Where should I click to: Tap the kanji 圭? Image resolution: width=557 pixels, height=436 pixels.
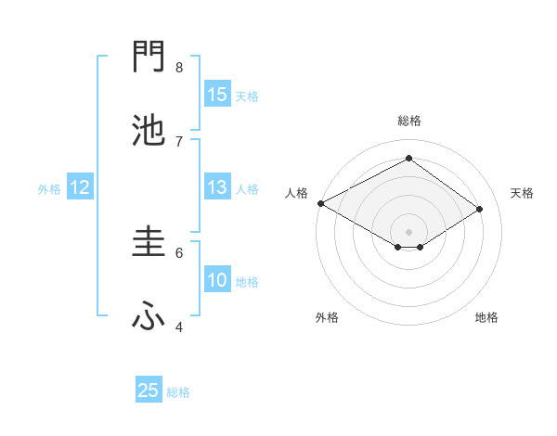click(149, 242)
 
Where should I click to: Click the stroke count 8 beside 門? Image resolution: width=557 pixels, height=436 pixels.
click(179, 67)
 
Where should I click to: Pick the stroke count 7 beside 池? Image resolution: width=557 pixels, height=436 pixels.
click(179, 140)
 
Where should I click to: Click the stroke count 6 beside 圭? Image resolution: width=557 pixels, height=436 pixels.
click(179, 251)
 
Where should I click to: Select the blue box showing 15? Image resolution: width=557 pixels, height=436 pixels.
click(217, 95)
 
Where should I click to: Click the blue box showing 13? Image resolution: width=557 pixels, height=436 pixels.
click(217, 187)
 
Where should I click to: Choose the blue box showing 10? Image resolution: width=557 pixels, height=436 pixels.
click(217, 280)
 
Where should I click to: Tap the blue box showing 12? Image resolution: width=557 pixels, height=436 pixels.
click(80, 187)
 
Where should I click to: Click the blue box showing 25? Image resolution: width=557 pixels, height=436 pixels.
click(149, 391)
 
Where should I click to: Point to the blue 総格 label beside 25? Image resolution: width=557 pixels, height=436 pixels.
click(178, 392)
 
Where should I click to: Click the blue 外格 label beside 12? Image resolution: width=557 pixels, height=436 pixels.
click(49, 189)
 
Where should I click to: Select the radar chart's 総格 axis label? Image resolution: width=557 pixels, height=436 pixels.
click(408, 121)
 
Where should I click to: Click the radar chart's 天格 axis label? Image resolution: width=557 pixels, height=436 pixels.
click(523, 193)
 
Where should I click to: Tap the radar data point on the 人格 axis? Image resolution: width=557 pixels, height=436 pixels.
click(320, 203)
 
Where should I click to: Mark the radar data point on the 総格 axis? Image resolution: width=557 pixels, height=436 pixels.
click(408, 159)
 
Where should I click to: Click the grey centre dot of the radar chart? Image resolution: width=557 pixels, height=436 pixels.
click(408, 231)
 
